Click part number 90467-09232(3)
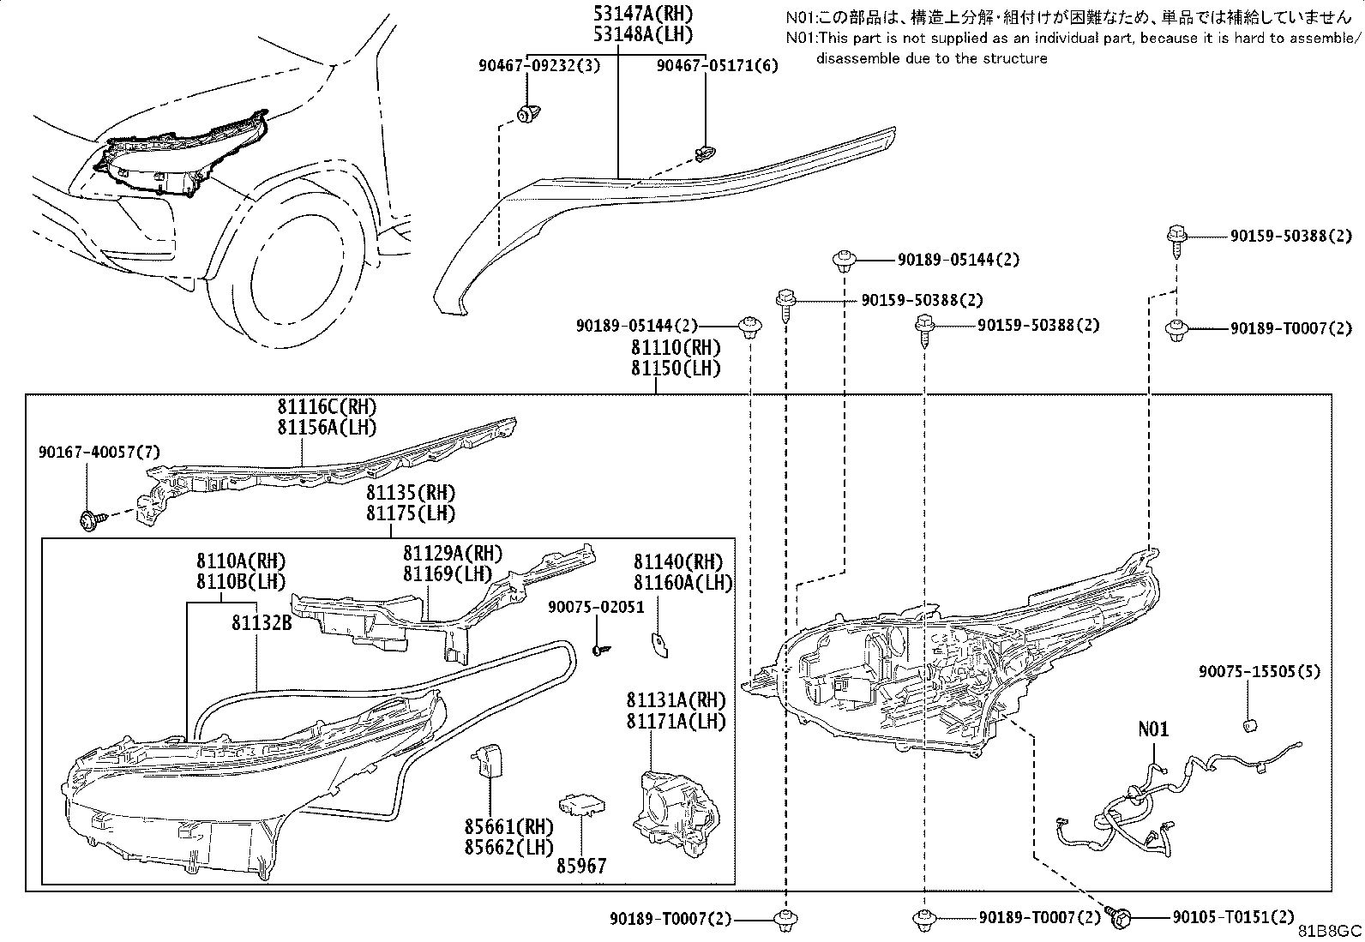point(539,65)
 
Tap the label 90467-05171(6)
point(718,65)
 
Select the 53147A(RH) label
point(644,14)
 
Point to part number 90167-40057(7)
point(99,452)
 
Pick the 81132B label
point(262,623)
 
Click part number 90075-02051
point(596,607)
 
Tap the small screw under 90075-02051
point(601,650)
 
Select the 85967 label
point(581,866)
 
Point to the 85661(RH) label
point(508,827)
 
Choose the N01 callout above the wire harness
point(1153,729)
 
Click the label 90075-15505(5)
point(1260,671)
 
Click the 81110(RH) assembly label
point(676,347)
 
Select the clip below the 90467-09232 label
point(528,114)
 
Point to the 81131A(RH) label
point(676,699)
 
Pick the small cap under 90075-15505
point(1249,725)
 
